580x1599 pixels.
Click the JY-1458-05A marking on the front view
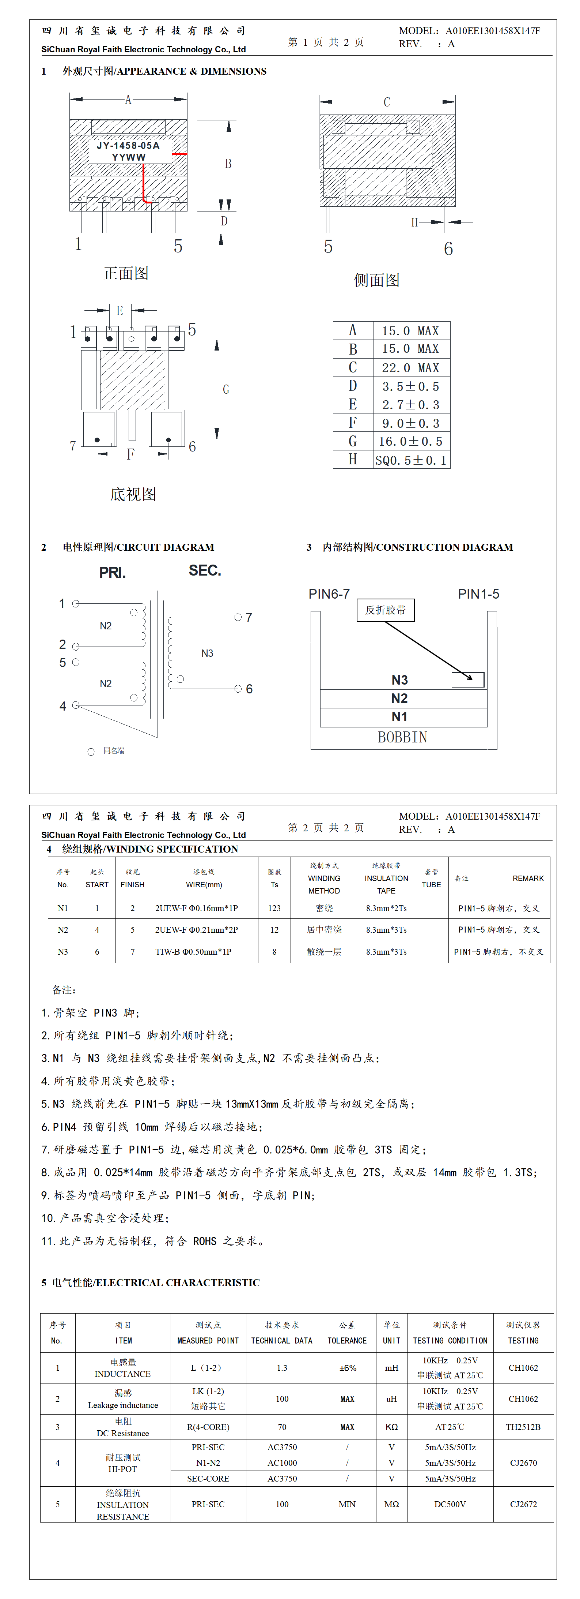128,145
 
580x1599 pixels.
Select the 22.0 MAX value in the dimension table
410,367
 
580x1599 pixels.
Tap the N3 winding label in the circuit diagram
207,653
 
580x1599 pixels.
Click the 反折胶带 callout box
385,610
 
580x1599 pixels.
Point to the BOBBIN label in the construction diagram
403,737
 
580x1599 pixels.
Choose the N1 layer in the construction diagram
399,717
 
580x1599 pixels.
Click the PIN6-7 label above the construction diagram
329,594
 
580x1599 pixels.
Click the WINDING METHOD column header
324,878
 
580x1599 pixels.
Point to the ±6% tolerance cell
348,1367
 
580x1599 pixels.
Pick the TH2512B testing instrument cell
523,1426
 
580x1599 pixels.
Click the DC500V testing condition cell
450,1504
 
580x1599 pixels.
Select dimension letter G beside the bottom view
226,389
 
